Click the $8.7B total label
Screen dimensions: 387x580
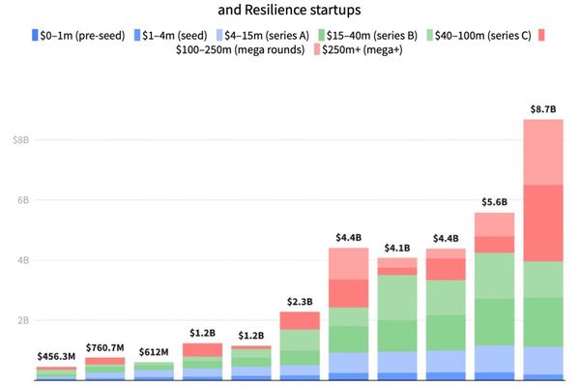coord(542,109)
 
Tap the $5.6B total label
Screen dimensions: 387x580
coord(494,202)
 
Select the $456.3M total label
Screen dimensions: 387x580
coord(56,357)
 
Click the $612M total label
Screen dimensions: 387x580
coord(154,352)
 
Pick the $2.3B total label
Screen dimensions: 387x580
coord(300,301)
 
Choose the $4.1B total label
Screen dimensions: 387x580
coord(396,248)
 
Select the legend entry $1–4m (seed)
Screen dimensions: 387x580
coord(174,36)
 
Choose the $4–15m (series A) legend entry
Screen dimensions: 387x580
coord(266,36)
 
